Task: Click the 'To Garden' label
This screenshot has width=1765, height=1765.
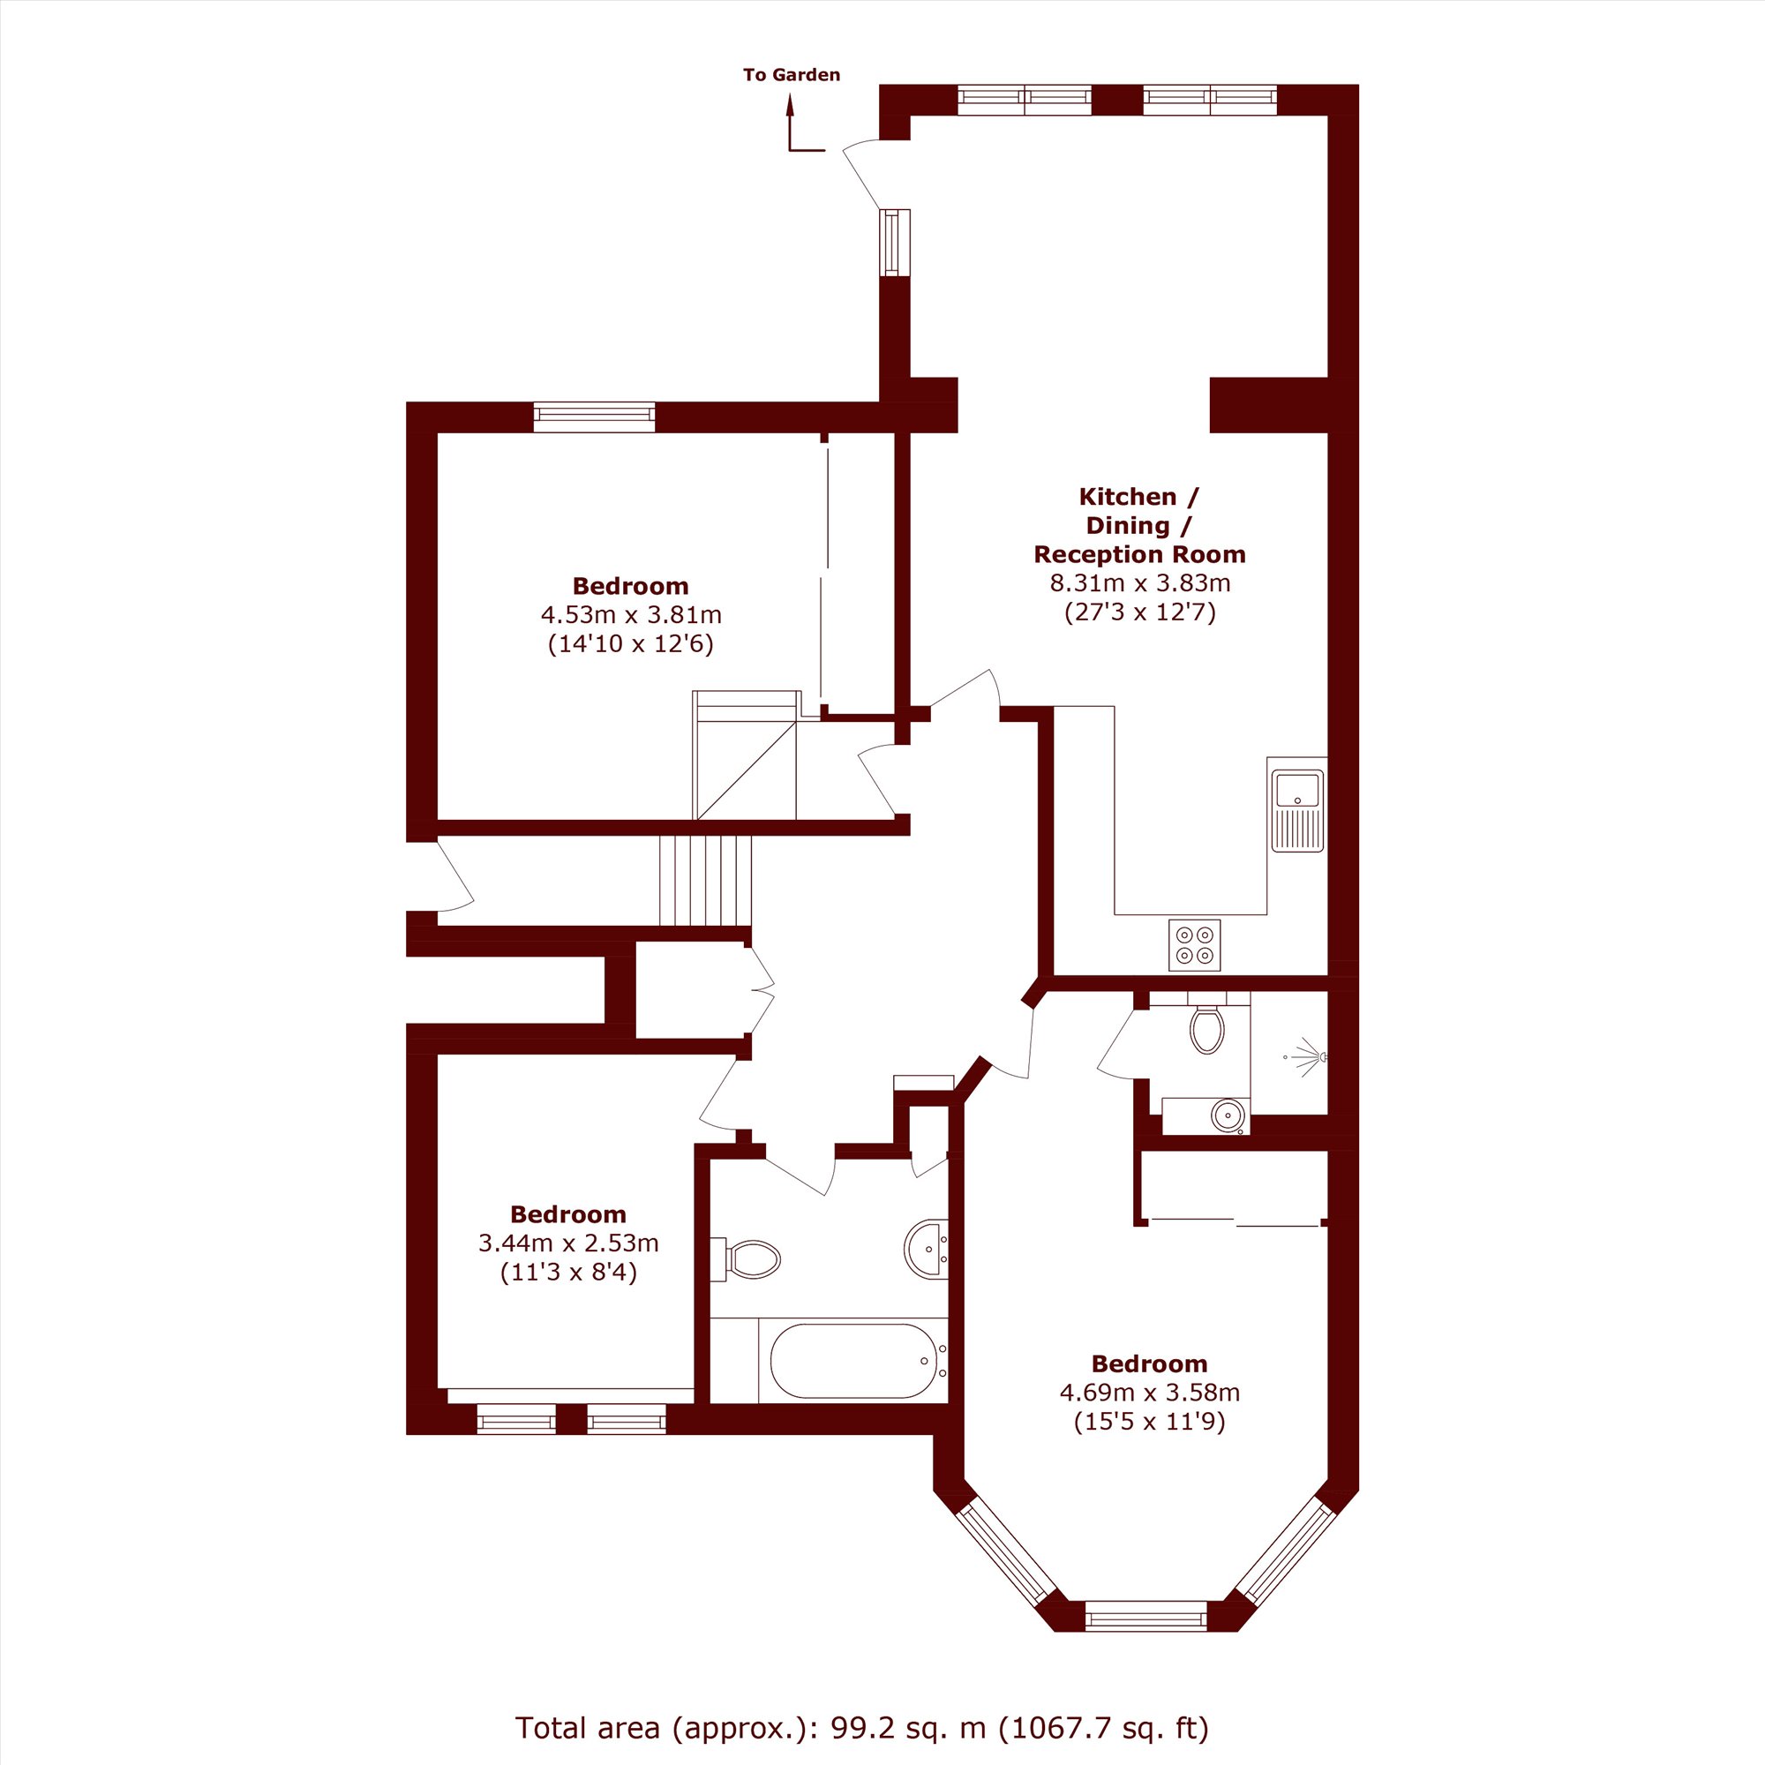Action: pyautogui.click(x=791, y=75)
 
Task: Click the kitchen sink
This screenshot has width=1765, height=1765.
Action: pyautogui.click(x=1297, y=805)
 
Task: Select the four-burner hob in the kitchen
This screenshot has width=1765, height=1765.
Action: pyautogui.click(x=1194, y=944)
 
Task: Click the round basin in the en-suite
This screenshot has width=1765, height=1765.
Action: pyautogui.click(x=1228, y=1115)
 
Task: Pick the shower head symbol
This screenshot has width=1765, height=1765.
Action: pyautogui.click(x=1306, y=1057)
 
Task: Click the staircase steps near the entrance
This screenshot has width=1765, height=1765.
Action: pyautogui.click(x=705, y=881)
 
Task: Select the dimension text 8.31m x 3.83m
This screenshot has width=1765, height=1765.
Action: pyautogui.click(x=1140, y=582)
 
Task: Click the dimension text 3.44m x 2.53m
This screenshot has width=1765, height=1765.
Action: pyautogui.click(x=568, y=1243)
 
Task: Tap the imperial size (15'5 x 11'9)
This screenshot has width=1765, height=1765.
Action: pyautogui.click(x=1149, y=1422)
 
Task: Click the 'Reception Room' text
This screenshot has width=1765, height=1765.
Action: pyautogui.click(x=1140, y=554)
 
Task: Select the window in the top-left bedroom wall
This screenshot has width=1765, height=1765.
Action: pyautogui.click(x=594, y=417)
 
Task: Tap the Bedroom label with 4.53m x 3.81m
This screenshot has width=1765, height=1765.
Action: pyautogui.click(x=630, y=587)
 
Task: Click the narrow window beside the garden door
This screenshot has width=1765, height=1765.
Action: pyautogui.click(x=895, y=242)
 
